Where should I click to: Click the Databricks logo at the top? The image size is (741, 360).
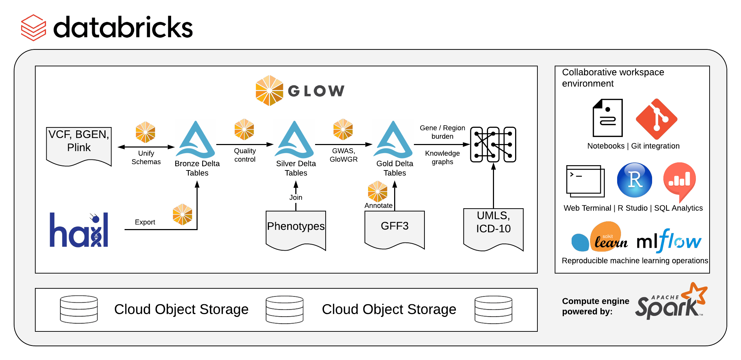tap(107, 28)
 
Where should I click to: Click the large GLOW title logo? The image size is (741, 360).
tap(300, 91)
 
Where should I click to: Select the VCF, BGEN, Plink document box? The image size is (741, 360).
tap(79, 145)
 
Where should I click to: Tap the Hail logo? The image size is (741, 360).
tap(79, 230)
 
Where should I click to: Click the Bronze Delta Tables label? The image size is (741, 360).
tap(197, 168)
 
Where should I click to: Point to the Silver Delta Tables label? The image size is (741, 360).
tap(296, 168)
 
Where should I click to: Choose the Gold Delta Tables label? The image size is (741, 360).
tap(394, 168)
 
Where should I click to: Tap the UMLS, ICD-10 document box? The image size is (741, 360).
tap(493, 228)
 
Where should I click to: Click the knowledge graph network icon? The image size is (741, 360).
tap(493, 144)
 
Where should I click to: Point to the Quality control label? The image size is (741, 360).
tap(245, 155)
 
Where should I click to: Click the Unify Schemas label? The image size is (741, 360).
tap(146, 157)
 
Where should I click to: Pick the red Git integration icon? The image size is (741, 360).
tap(656, 119)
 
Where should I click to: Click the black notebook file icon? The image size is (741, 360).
tap(608, 118)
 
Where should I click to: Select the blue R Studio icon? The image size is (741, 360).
tap(634, 180)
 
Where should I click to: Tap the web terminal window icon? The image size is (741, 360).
tap(585, 181)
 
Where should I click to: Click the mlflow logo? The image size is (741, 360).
tap(669, 241)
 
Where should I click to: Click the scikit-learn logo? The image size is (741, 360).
tap(600, 238)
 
